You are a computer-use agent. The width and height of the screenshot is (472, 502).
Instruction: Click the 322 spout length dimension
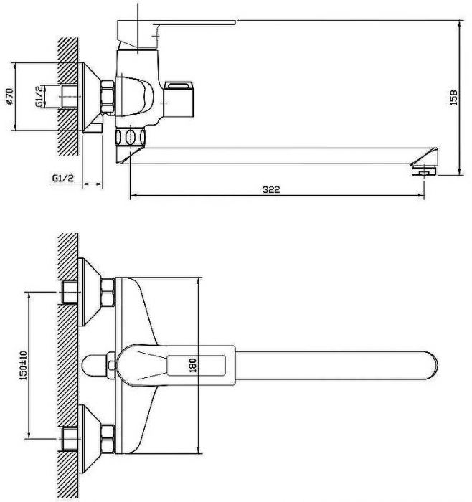(x=271, y=189)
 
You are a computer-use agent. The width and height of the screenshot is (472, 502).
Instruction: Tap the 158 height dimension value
(x=453, y=98)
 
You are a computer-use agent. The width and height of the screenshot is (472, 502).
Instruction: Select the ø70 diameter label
(x=9, y=96)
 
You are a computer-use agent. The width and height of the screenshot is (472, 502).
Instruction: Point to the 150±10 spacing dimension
(x=24, y=365)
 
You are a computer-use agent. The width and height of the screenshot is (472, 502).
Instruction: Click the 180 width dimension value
(x=192, y=365)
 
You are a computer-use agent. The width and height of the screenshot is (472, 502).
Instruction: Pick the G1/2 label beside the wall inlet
(x=39, y=96)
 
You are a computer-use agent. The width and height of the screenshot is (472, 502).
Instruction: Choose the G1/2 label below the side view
(x=63, y=178)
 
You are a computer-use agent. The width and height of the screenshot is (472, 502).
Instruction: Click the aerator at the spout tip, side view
(x=424, y=171)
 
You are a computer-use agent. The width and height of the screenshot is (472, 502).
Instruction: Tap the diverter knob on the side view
(x=179, y=99)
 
